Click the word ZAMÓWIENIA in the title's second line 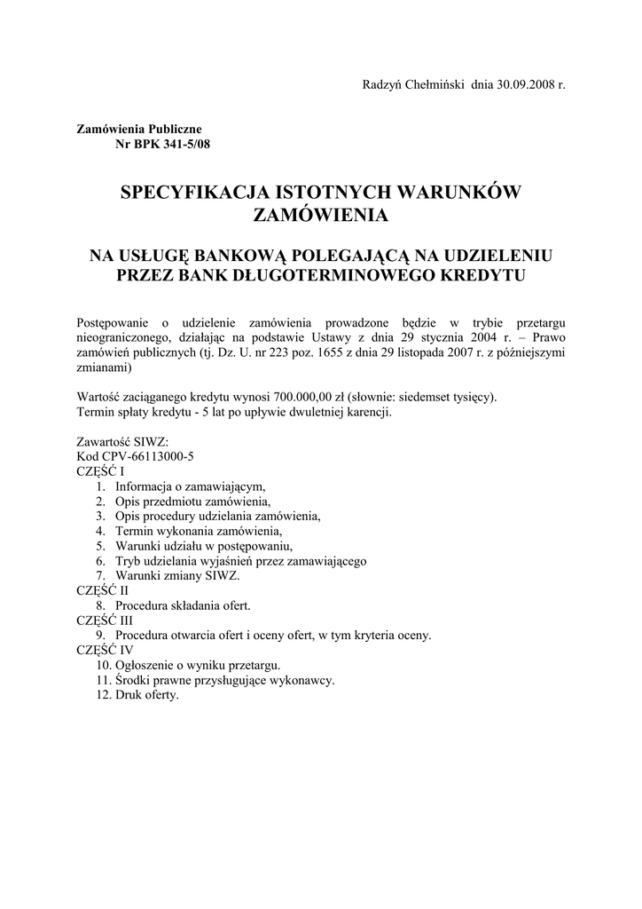(x=320, y=216)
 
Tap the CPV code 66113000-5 (x=153, y=456)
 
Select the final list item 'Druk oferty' (x=147, y=695)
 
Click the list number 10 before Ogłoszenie (x=104, y=665)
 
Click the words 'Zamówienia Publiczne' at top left (x=139, y=129)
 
